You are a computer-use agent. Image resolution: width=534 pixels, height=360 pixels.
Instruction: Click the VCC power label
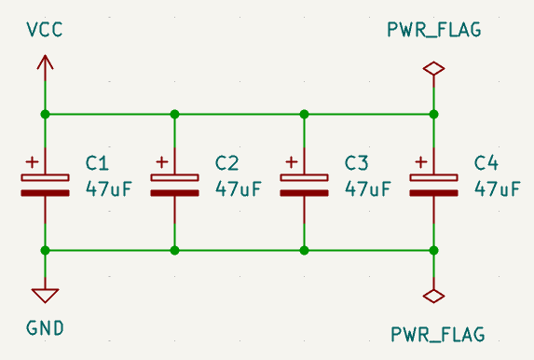(45, 30)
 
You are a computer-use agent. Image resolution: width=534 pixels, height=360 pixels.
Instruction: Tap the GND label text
(45, 328)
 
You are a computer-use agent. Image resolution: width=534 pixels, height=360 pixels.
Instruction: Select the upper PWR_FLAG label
(433, 30)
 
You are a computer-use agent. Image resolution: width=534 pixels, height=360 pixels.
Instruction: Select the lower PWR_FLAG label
(433, 333)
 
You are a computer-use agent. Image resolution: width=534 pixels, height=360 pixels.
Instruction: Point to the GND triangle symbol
(45, 295)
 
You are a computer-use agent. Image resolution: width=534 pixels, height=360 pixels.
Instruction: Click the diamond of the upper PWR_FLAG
(433, 68)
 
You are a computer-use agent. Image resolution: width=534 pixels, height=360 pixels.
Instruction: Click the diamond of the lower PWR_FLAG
(433, 296)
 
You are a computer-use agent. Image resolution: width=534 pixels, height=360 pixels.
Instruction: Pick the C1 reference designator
(98, 162)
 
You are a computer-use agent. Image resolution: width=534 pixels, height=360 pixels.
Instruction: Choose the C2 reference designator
(227, 162)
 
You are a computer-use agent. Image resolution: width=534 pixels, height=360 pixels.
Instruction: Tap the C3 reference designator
(357, 162)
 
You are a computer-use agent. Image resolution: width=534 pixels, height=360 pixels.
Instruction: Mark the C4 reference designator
(486, 162)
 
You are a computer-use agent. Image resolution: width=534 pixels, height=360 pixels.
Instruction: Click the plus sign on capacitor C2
(162, 160)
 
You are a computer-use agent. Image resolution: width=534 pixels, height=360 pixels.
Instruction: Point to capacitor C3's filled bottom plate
(304, 193)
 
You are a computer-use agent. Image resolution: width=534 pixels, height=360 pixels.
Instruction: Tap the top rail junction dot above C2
(174, 114)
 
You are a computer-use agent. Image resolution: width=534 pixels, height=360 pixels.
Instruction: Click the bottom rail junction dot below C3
(304, 250)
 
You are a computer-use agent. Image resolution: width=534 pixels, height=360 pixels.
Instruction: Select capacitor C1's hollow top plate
(45, 177)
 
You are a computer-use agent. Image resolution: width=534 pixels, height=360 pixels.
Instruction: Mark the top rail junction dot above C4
(433, 114)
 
